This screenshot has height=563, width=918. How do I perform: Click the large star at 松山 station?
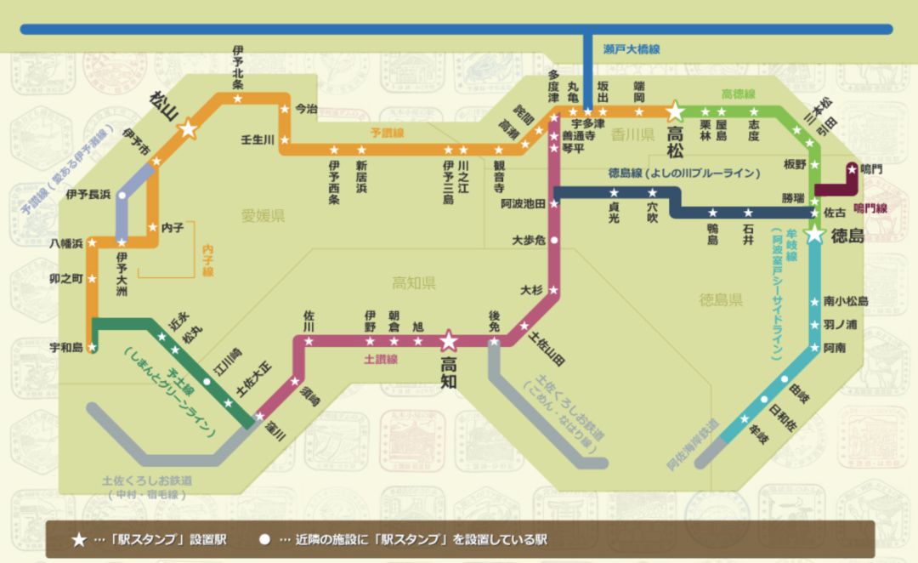click(188, 129)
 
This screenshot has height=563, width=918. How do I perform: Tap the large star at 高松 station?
click(675, 111)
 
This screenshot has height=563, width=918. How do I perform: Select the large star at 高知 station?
click(448, 342)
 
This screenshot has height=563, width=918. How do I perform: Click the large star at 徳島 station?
click(815, 234)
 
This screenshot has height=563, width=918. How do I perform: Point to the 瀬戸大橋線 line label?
click(631, 49)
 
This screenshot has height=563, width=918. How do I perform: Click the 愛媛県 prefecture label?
click(263, 216)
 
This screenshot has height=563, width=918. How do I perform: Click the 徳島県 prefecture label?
click(721, 299)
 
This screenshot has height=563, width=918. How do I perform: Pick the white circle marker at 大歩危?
click(554, 241)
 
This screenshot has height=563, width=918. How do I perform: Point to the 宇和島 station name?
click(66, 347)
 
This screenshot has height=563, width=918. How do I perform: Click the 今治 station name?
click(304, 108)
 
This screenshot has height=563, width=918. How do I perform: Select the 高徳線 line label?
click(738, 94)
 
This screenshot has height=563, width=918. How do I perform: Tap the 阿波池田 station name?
click(523, 204)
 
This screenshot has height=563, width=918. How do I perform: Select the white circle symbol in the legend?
click(264, 540)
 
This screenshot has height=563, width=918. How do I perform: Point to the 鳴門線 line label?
click(870, 208)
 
